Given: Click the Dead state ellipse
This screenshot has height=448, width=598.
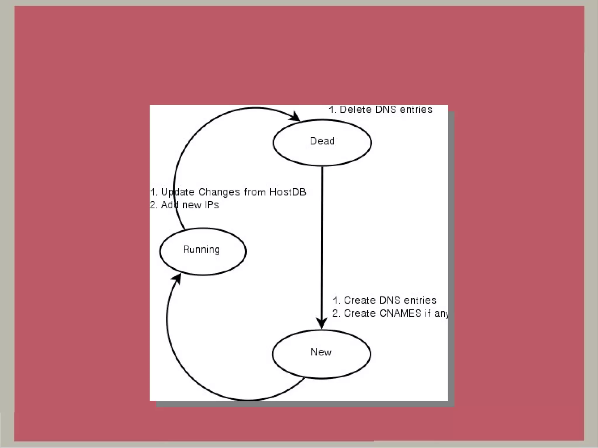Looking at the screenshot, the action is tap(322, 143).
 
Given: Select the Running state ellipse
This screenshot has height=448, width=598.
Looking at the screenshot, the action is tap(203, 251).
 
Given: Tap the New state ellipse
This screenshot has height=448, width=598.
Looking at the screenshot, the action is tap(321, 354).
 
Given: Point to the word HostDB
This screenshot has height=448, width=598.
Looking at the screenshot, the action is tap(288, 192).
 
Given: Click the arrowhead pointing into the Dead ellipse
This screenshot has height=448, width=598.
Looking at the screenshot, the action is tap(296, 117).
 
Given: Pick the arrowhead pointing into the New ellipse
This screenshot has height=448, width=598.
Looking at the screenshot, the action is tap(322, 323).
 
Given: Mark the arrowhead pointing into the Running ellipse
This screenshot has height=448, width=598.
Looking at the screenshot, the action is tap(176, 278).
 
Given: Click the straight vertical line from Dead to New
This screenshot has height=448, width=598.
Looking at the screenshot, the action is tap(322, 233).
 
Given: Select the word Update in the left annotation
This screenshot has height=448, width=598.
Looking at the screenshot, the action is tap(178, 192).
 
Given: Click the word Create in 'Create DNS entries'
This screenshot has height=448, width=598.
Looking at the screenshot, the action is tap(359, 300).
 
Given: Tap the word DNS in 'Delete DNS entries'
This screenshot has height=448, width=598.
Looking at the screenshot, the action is tap(386, 109).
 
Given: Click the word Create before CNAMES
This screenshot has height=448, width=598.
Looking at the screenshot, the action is tap(360, 313).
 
